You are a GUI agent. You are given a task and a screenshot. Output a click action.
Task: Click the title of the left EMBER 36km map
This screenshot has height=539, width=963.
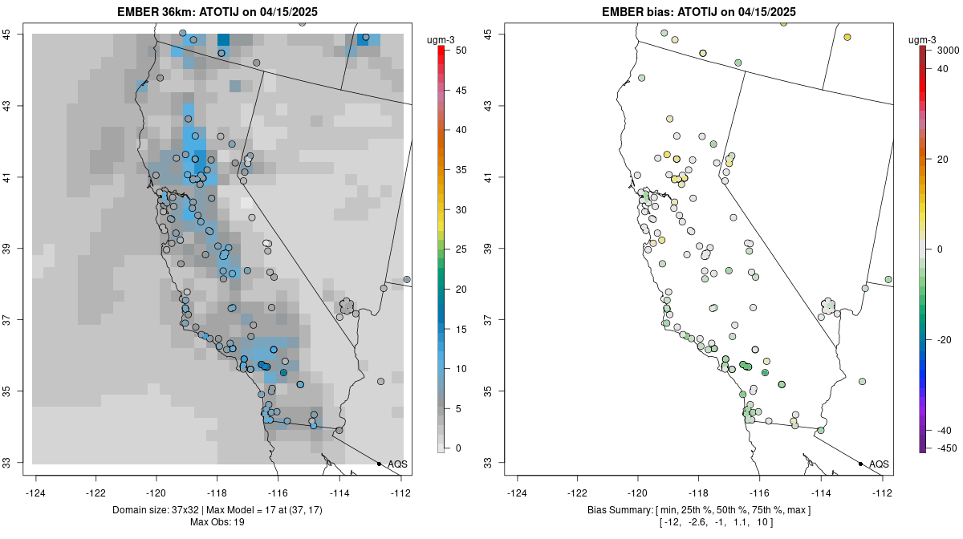click(x=222, y=12)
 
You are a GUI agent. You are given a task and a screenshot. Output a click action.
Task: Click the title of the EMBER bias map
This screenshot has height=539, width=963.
click(x=699, y=12)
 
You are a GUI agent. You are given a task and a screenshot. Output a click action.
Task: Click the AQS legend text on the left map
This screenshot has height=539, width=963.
click(x=397, y=464)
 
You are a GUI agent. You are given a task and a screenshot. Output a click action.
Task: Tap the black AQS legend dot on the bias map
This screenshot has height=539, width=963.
click(x=860, y=464)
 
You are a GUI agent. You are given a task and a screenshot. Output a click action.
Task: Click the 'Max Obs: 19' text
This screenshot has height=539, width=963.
click(x=217, y=522)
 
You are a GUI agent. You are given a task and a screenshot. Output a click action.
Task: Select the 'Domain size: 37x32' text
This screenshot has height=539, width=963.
click(x=158, y=510)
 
